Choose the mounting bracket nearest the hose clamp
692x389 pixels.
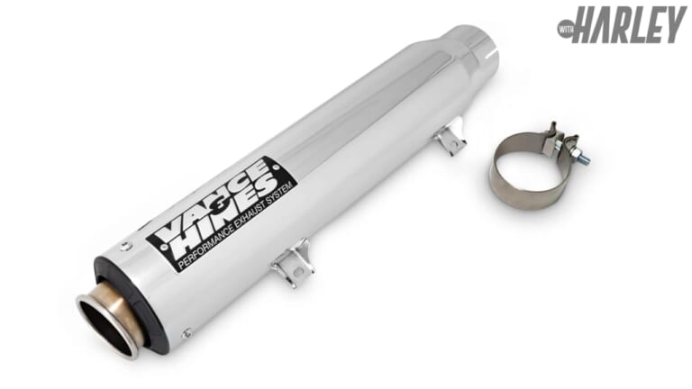[x=450, y=140]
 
